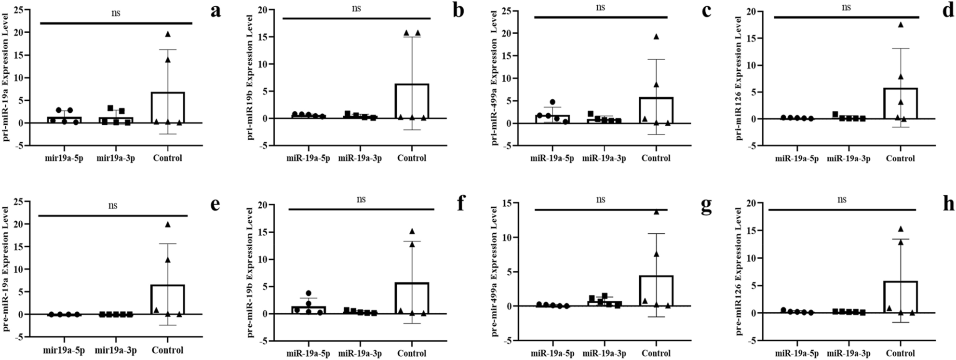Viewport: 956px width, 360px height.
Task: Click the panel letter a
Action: (215, 11)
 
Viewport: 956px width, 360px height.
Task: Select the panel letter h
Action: (948, 204)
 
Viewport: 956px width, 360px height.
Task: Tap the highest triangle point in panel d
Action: (900, 25)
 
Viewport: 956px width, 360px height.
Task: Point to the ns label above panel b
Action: (356, 8)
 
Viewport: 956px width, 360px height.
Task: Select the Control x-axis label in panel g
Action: (656, 353)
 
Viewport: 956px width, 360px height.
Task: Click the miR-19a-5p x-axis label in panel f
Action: (308, 353)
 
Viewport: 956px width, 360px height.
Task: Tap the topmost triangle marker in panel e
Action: (168, 224)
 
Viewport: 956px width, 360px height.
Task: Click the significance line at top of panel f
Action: (361, 209)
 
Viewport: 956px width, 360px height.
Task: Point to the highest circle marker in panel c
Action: (552, 102)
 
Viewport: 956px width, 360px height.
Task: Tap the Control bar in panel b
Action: (412, 101)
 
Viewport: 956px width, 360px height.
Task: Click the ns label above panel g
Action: (600, 199)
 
